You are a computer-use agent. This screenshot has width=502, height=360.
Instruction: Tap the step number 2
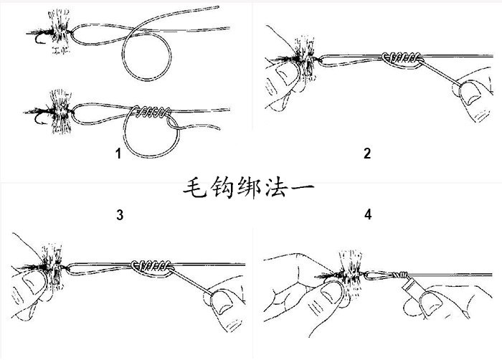coord(367,153)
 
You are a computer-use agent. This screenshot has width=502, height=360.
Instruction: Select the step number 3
coord(120,214)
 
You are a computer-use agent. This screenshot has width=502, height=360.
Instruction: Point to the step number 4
coord(369,214)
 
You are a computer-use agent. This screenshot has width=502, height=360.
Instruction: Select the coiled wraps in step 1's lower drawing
coord(151,112)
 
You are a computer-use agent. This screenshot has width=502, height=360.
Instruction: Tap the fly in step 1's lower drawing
coord(52,110)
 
